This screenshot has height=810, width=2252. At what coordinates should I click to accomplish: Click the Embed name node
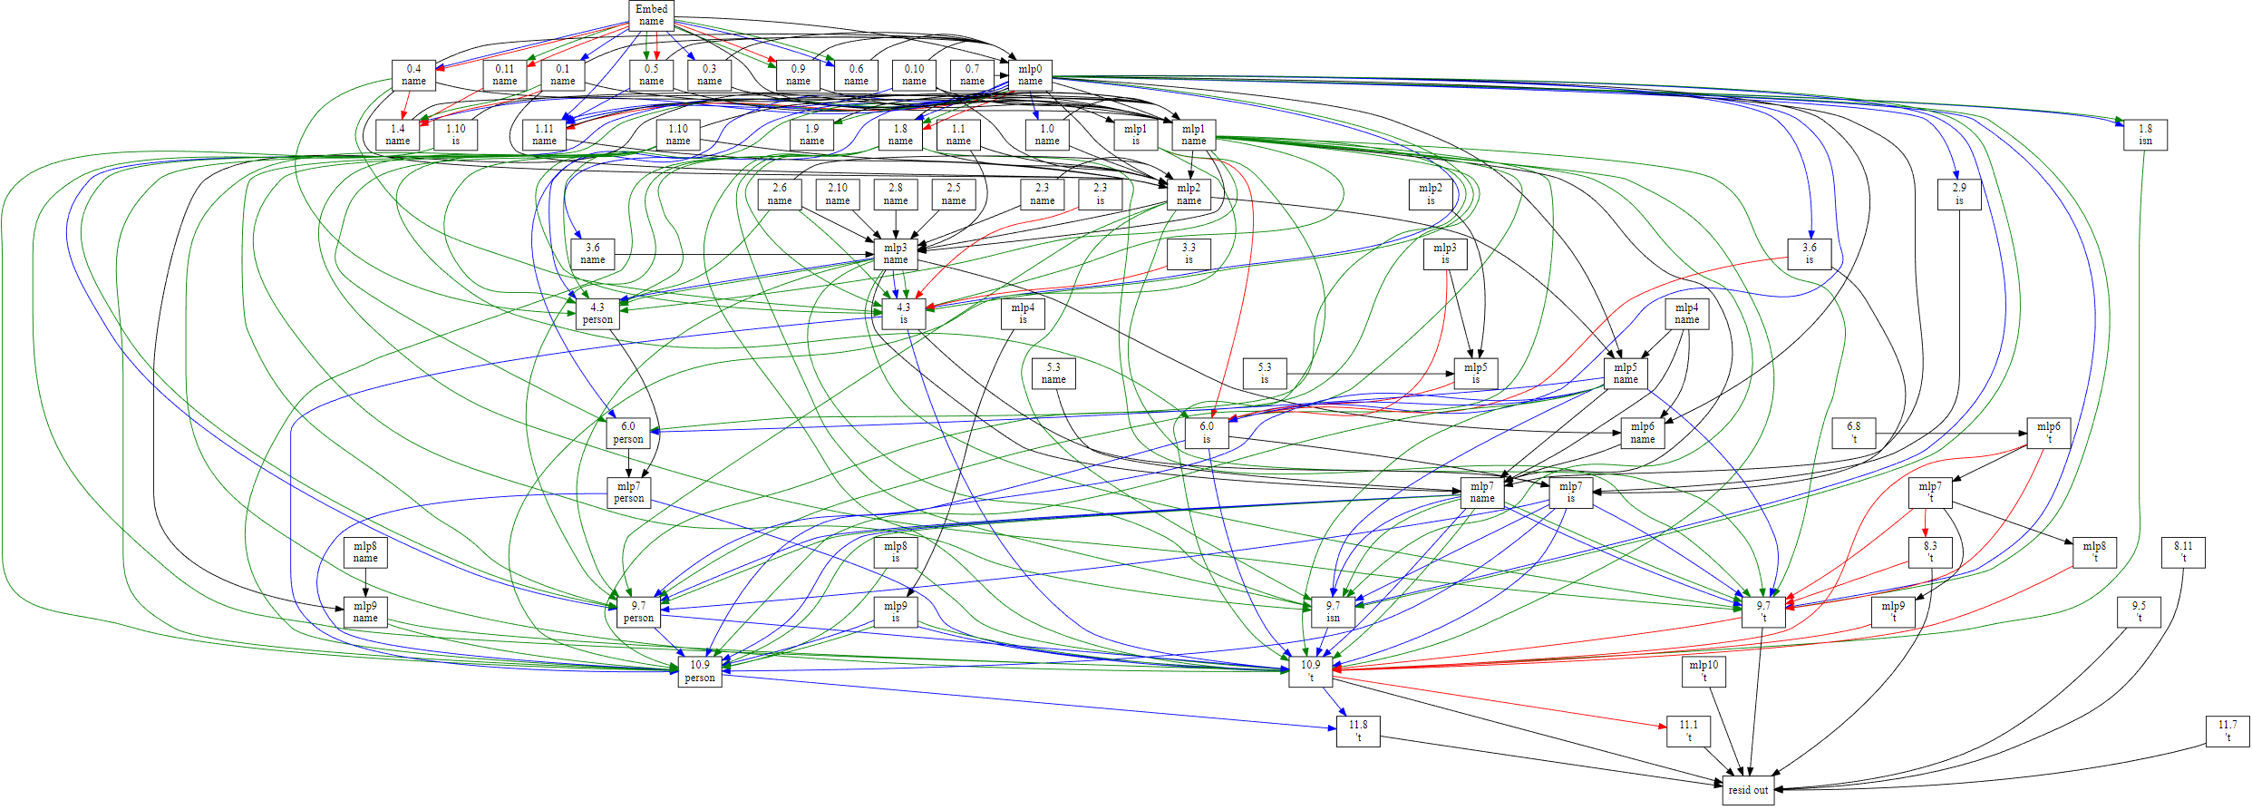651,15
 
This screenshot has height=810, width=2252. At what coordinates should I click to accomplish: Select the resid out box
1748,790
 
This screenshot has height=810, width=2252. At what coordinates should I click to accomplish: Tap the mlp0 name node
1030,75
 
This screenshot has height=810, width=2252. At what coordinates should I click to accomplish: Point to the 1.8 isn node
2145,135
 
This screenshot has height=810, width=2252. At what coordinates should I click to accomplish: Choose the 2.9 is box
1959,194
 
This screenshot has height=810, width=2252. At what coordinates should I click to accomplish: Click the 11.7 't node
2228,731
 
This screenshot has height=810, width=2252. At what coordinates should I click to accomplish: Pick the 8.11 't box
2183,552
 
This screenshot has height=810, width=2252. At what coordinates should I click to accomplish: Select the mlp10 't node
1704,671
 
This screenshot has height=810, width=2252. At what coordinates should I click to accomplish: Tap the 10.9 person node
700,671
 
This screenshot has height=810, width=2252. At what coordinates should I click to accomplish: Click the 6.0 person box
628,433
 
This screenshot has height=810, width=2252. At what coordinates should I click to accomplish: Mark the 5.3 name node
1053,374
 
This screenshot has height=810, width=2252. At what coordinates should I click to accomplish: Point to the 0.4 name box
413,75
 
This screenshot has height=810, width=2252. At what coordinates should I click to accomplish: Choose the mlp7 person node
629,493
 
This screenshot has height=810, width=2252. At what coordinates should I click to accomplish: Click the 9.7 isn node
1333,611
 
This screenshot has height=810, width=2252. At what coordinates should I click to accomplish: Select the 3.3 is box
1189,254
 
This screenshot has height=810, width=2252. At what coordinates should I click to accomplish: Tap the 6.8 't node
1854,433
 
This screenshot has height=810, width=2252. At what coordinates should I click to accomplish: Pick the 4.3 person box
597,314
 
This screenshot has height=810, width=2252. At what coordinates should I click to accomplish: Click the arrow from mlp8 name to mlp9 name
365,583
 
